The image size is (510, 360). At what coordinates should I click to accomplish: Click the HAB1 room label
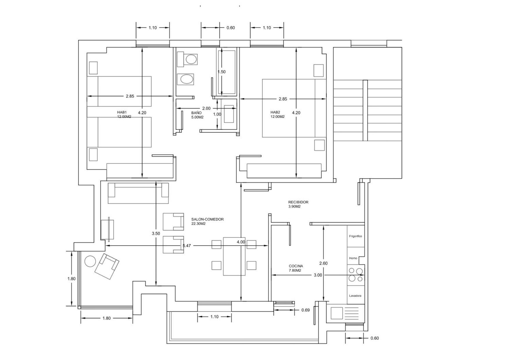tap(122, 112)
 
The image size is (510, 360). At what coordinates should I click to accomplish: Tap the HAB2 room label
tap(275, 112)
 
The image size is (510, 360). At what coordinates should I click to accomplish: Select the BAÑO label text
tap(196, 113)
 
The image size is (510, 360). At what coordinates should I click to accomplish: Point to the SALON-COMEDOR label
tap(207, 219)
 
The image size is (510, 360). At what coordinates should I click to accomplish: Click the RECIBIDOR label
tap(298, 202)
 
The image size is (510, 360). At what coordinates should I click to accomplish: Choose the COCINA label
tap(296, 266)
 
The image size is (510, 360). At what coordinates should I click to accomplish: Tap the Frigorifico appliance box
tap(356, 236)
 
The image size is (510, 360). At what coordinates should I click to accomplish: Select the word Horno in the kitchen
tap(353, 258)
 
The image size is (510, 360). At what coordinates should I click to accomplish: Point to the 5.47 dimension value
tap(187, 246)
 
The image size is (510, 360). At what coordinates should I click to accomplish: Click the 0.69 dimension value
tap(305, 310)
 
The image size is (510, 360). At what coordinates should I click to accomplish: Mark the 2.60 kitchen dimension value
tap(323, 263)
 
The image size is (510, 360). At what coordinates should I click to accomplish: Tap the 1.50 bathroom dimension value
tap(221, 72)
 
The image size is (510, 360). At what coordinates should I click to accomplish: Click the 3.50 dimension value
tap(156, 233)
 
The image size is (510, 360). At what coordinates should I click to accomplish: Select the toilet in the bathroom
tap(187, 59)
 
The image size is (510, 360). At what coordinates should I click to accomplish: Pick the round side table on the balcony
tap(90, 261)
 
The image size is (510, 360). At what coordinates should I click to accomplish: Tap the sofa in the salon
tap(138, 193)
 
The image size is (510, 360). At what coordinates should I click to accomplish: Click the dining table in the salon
tap(234, 256)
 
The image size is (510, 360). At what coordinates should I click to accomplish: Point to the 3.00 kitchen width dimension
tap(318, 275)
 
